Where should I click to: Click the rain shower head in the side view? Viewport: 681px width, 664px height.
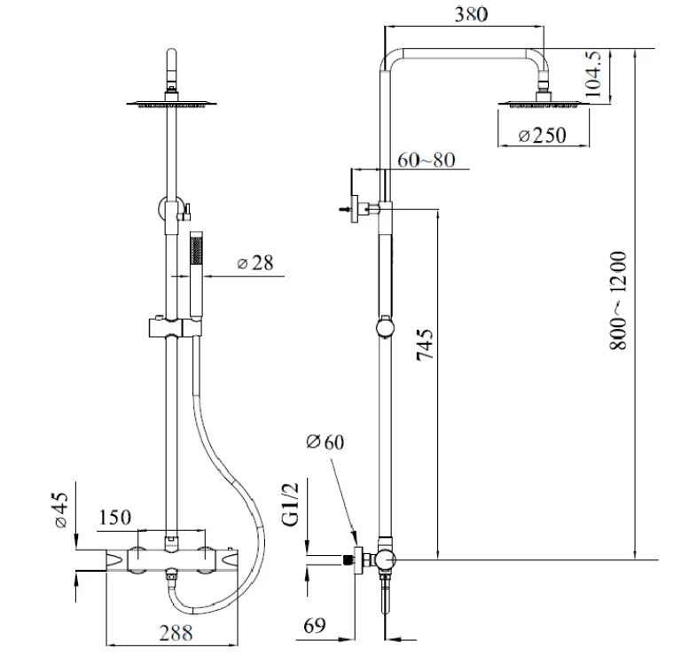point(543,105)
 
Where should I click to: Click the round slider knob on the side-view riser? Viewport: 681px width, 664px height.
point(383,328)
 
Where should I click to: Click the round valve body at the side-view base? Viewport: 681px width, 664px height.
point(384,559)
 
